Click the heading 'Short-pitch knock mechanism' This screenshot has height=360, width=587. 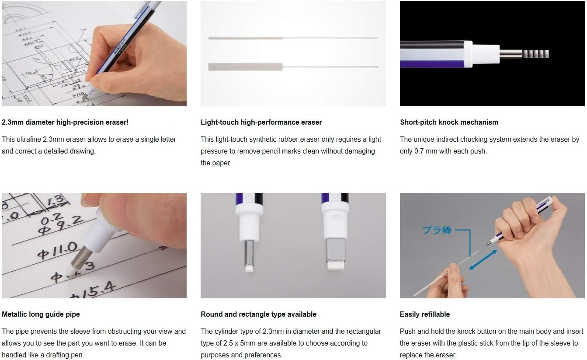pos(449,122)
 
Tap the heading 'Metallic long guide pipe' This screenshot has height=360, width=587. pos(41,314)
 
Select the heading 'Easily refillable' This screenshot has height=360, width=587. pos(424,314)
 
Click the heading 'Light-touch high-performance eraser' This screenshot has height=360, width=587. pos(261,122)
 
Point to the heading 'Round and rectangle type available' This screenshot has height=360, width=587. pos(258,314)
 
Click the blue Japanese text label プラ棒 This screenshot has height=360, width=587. pos(437,230)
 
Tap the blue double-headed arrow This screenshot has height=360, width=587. pos(483,260)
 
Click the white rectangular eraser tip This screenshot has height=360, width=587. pos(336,265)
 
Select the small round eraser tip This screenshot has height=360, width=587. pos(249,269)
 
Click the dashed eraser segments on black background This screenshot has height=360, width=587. pos(535,54)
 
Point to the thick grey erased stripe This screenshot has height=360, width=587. pos(245,67)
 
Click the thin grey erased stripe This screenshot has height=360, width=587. pos(245,38)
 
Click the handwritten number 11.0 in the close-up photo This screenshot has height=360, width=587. pos(58,250)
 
